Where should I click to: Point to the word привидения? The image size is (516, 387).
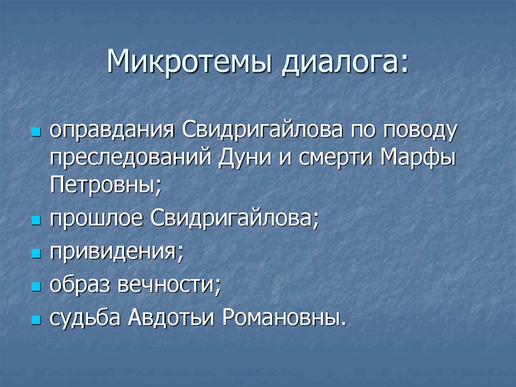click(x=116, y=251)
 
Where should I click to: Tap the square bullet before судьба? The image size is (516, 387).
click(x=35, y=320)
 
